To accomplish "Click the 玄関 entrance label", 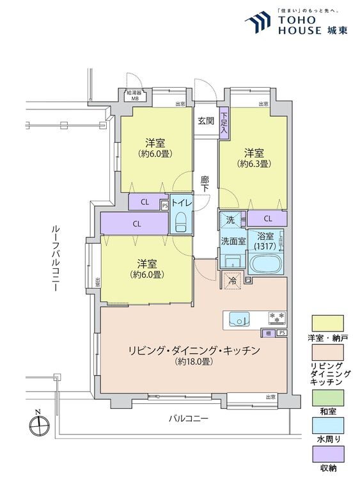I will pyautogui.click(x=205, y=120).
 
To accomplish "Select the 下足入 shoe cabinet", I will pyautogui.click(x=224, y=121).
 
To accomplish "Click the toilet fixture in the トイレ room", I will pyautogui.click(x=180, y=223).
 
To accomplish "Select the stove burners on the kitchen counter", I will pyautogui.click(x=276, y=317).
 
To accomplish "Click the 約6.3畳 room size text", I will pyautogui.click(x=254, y=164).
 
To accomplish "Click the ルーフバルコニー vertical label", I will pyautogui.click(x=57, y=258).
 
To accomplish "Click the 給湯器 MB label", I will pyautogui.click(x=135, y=96).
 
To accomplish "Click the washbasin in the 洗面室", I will pyautogui.click(x=231, y=261).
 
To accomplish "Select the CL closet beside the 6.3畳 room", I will pyautogui.click(x=267, y=219).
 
